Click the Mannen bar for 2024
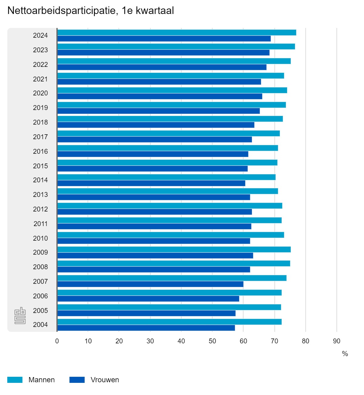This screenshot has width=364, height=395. click(x=177, y=33)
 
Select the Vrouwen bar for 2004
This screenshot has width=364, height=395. click(x=146, y=328)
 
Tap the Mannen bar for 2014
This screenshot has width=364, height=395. click(x=166, y=177)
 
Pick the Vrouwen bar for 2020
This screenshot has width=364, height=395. click(x=160, y=96)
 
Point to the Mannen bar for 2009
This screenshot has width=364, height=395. click(x=174, y=249)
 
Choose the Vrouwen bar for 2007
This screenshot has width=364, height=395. click(x=150, y=284)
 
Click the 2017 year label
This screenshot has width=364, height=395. click(x=40, y=137)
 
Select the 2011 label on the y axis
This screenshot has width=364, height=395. click(x=40, y=224)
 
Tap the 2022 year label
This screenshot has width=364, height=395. click(x=40, y=64)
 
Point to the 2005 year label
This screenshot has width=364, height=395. click(x=40, y=311)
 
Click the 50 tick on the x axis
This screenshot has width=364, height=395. click(x=212, y=341)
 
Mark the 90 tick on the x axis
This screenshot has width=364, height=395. click(x=336, y=341)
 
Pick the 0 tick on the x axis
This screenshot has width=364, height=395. click(x=57, y=341)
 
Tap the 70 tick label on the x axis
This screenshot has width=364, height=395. click(x=275, y=341)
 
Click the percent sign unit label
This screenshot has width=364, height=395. click(x=345, y=354)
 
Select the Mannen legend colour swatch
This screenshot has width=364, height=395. click(x=15, y=380)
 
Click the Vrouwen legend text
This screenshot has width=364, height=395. click(x=105, y=380)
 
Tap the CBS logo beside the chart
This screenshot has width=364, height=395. click(x=20, y=316)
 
